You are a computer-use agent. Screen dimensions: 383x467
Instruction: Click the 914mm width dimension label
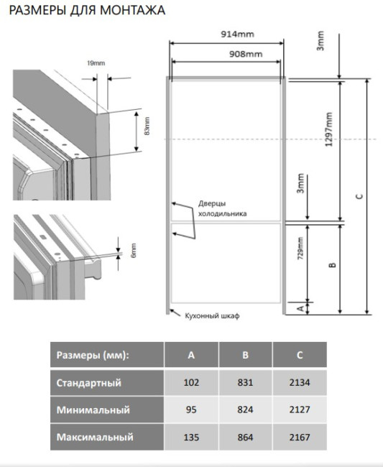coord(237,34)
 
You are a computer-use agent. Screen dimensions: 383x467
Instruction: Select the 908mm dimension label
coord(246,54)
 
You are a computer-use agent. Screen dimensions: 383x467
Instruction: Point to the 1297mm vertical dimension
coord(328,129)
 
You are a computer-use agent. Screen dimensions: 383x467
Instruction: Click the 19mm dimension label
coord(96,63)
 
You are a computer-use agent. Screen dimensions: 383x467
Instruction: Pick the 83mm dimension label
coord(147,126)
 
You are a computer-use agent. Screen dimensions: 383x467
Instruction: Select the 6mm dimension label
coord(134,251)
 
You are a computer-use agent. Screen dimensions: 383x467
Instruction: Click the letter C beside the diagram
coord(360,196)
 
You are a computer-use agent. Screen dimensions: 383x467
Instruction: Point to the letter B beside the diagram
coord(333,264)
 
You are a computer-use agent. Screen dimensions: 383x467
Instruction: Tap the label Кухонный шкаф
coord(212,315)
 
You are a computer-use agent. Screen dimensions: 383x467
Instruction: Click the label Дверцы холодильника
coord(223,208)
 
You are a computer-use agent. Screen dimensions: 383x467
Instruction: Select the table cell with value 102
coord(191,382)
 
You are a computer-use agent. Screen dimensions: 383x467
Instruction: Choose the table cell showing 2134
coord(300,382)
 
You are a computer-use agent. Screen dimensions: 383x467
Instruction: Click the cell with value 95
coord(191,410)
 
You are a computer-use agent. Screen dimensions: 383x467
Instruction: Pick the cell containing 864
coord(246,438)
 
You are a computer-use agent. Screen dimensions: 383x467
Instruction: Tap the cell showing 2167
coord(300,438)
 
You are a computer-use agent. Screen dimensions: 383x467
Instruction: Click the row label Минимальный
coord(93,410)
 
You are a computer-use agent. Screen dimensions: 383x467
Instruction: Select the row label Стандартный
coord(89,383)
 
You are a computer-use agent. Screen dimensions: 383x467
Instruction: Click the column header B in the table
coord(246,355)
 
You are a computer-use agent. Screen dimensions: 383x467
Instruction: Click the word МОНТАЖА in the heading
coord(132,10)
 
